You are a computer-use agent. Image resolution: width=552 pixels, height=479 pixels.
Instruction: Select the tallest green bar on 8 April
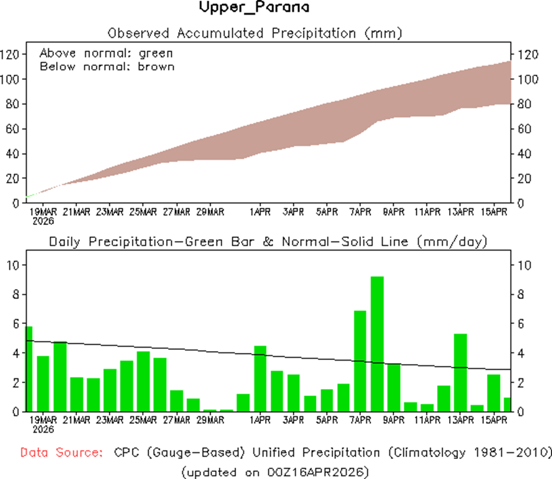pyautogui.click(x=377, y=343)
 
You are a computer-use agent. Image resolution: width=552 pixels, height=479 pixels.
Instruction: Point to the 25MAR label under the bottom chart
pyautogui.click(x=143, y=420)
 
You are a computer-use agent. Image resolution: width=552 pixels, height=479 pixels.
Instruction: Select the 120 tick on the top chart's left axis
pyautogui.click(x=12, y=54)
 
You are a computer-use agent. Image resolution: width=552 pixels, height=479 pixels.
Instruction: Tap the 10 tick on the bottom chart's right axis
pyautogui.click(x=524, y=264)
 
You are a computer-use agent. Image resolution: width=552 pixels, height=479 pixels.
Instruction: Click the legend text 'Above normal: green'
pyautogui.click(x=106, y=54)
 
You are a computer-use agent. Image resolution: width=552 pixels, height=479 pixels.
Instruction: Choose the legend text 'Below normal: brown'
pyautogui.click(x=107, y=66)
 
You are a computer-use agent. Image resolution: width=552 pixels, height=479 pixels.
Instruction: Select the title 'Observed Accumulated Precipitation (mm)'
pyautogui.click(x=254, y=33)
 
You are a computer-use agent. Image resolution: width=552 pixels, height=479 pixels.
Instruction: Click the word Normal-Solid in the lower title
pyautogui.click(x=343, y=242)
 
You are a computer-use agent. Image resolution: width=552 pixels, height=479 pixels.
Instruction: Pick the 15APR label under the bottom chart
pyautogui.click(x=494, y=420)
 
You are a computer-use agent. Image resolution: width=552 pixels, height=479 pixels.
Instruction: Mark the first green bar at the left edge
pyautogui.click(x=28, y=368)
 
